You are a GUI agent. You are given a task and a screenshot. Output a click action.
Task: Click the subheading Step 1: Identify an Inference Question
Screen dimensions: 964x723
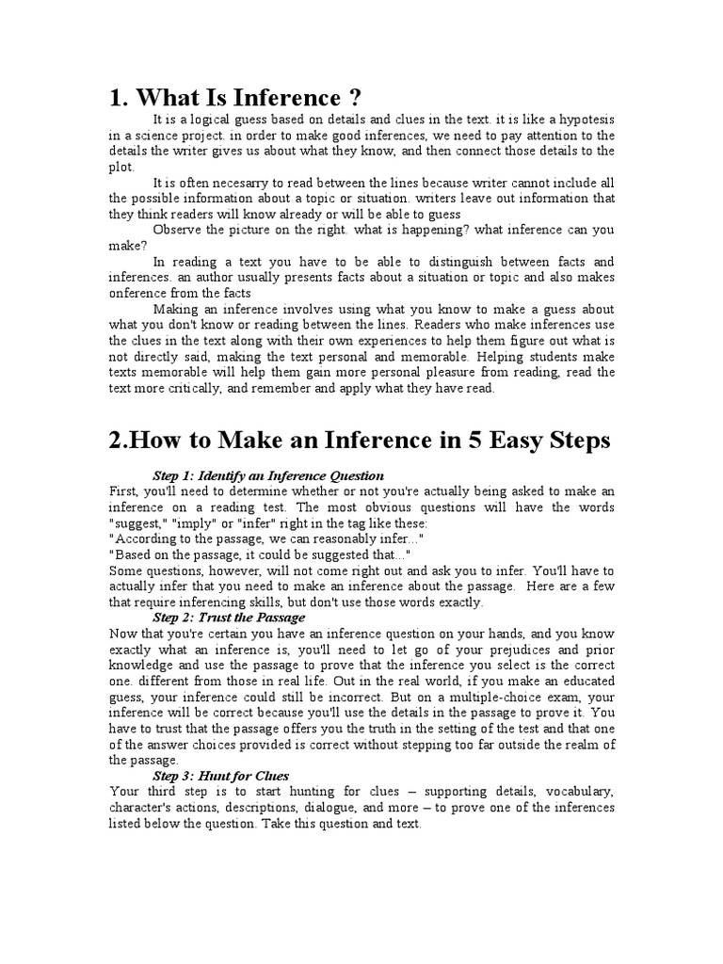268,474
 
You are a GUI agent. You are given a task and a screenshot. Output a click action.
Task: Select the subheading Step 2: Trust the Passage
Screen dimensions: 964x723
229,618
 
